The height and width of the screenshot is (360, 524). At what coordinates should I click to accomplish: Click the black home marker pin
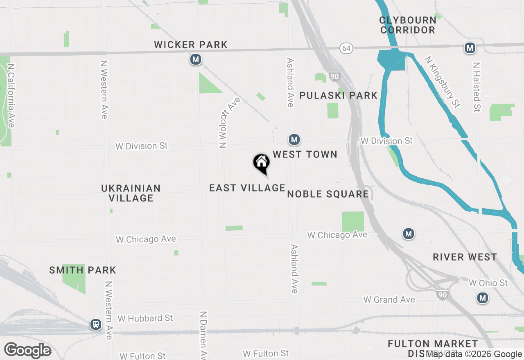261,164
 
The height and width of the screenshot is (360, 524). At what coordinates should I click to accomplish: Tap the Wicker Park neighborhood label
191,45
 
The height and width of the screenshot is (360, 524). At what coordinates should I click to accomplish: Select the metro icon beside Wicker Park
196,60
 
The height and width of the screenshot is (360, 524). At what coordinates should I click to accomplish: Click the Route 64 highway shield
346,48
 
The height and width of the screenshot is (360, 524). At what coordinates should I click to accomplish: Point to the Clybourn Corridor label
407,25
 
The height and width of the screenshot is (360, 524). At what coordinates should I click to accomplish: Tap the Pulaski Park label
338,95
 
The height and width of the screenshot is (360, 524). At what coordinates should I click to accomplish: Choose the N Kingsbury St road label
442,82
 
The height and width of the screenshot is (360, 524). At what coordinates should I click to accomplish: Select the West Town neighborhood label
305,154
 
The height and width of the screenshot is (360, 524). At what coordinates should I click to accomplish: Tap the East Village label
247,188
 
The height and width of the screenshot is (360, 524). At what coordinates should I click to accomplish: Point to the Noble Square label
328,194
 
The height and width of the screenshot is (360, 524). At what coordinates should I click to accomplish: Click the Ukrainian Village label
131,193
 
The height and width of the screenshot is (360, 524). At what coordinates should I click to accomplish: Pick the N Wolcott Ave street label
229,122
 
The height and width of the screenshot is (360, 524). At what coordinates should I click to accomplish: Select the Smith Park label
83,270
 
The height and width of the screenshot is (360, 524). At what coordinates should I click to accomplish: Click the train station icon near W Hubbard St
96,325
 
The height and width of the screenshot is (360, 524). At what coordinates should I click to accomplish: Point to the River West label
465,257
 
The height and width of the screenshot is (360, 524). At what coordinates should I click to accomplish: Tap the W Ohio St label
488,283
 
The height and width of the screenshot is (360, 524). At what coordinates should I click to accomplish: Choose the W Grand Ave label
389,300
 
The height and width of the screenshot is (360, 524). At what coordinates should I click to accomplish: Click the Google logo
28,351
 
